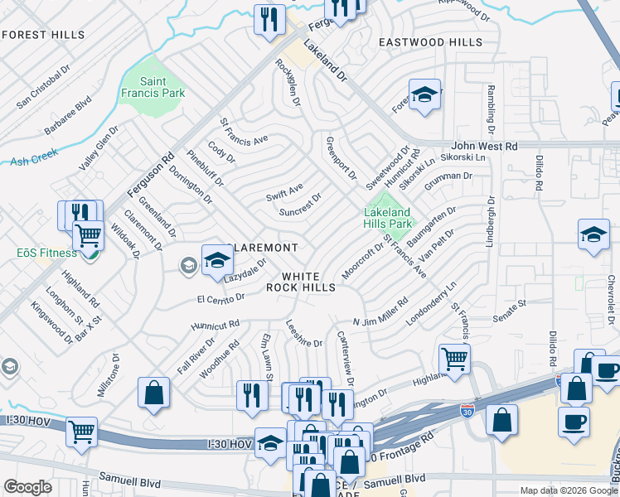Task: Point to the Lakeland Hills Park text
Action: point(388,219)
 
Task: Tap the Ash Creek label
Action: point(31,162)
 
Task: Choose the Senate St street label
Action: point(511,307)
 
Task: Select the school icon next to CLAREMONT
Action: point(216,260)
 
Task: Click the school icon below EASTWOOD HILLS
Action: point(424,95)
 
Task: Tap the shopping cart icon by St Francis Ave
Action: point(454,359)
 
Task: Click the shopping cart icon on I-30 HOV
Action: point(81,432)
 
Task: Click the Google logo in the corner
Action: point(27,487)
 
